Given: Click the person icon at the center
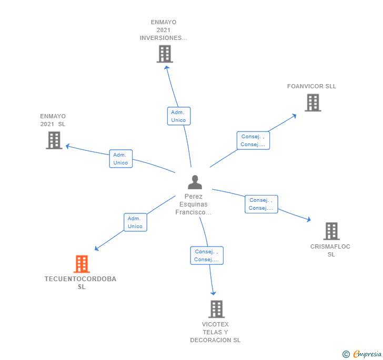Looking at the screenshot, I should tap(195, 182).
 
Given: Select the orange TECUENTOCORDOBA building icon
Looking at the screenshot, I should tap(82, 264).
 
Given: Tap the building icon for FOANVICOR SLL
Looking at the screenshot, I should tap(313, 102).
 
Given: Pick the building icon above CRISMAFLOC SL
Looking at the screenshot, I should tap(331, 231).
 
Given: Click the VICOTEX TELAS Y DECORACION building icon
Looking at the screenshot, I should tap(216, 309).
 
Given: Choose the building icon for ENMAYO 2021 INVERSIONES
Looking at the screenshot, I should tap(165, 54).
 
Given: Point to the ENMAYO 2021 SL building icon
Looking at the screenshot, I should tap(54, 140).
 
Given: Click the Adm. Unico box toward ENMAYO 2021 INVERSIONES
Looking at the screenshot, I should tap(178, 116).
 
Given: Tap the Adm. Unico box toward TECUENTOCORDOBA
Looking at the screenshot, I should tap(135, 222).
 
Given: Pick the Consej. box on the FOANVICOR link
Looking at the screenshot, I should tap(253, 140).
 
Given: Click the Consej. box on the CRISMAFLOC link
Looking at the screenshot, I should tap(261, 204).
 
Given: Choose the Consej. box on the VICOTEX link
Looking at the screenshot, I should tap(207, 255).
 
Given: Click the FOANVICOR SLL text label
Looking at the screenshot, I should tap(311, 86).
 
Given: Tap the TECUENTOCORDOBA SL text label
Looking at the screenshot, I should tap(80, 283).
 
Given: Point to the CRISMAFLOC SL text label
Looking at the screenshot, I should tap(330, 251).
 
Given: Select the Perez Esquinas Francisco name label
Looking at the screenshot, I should tap(194, 204).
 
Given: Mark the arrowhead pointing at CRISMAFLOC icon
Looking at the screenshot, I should tap(308, 220).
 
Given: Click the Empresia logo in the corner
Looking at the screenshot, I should tap(362, 354).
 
